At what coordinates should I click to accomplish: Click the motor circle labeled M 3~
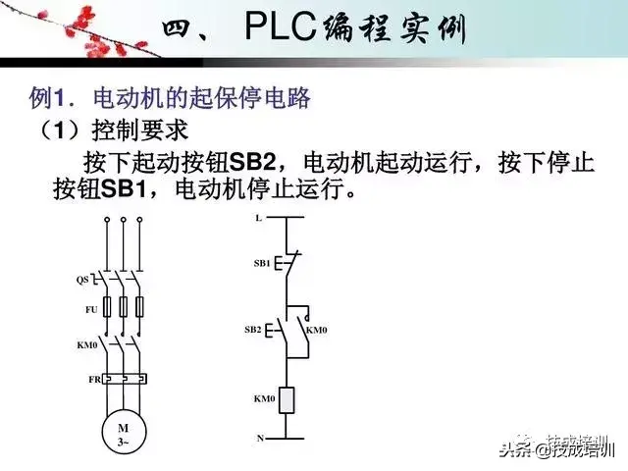click(x=123, y=433)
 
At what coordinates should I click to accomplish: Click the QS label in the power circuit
click(x=82, y=280)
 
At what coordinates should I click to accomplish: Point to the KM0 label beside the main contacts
click(x=85, y=344)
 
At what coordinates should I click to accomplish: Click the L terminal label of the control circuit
click(x=258, y=218)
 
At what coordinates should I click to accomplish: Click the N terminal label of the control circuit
click(x=260, y=438)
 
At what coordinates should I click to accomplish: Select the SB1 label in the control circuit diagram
click(x=261, y=264)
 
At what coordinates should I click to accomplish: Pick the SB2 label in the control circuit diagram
click(x=253, y=331)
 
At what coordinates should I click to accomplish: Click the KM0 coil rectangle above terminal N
click(x=288, y=399)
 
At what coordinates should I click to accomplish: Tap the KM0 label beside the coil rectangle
click(x=262, y=399)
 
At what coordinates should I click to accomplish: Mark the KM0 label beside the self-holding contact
click(x=316, y=331)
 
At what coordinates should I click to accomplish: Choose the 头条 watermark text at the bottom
click(x=515, y=450)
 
